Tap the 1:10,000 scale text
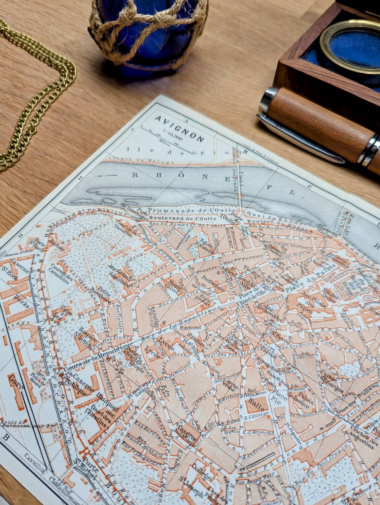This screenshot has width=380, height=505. [x=173, y=135]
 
